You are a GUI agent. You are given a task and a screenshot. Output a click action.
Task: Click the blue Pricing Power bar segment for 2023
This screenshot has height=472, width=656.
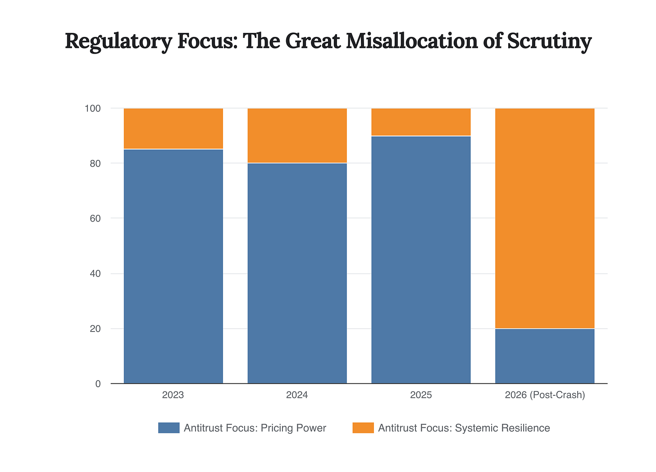click(x=173, y=266)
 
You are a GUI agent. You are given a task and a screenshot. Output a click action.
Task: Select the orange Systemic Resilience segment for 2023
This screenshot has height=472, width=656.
click(x=173, y=128)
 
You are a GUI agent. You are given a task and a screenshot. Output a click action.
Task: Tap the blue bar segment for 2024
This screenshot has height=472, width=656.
click(x=297, y=273)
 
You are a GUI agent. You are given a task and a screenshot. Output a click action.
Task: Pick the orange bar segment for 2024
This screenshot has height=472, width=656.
click(x=297, y=135)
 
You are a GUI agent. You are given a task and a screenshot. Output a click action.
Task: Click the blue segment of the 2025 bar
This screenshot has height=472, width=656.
click(x=421, y=259)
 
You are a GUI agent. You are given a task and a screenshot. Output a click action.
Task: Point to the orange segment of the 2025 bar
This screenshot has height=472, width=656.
click(x=421, y=122)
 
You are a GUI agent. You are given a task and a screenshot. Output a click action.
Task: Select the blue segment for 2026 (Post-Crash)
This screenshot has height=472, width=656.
click(x=544, y=356)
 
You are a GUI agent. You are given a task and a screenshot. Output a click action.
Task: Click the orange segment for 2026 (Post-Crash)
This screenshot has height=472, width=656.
click(x=544, y=218)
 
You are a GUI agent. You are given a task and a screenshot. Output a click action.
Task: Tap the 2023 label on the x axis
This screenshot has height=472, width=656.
click(x=173, y=395)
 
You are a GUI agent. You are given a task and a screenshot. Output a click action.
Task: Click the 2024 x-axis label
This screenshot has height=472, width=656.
click(x=297, y=395)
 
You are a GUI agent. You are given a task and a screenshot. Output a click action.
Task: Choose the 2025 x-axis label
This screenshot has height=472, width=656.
click(x=421, y=395)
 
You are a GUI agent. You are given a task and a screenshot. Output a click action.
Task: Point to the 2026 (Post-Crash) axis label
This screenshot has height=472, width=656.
click(x=544, y=395)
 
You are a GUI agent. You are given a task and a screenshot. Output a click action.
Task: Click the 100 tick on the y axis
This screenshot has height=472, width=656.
click(x=92, y=109)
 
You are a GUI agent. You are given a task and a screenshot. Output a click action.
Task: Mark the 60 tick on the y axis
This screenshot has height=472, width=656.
click(x=95, y=218)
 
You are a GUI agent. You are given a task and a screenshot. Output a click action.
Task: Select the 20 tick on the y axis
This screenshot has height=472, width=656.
click(x=95, y=329)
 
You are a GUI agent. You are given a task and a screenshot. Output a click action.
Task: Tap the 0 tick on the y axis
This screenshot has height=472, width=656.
click(x=97, y=384)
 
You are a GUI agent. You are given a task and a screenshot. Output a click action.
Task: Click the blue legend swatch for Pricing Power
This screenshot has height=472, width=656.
click(x=169, y=428)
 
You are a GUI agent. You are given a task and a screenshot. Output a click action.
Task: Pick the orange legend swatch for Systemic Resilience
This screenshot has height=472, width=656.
click(x=363, y=428)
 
